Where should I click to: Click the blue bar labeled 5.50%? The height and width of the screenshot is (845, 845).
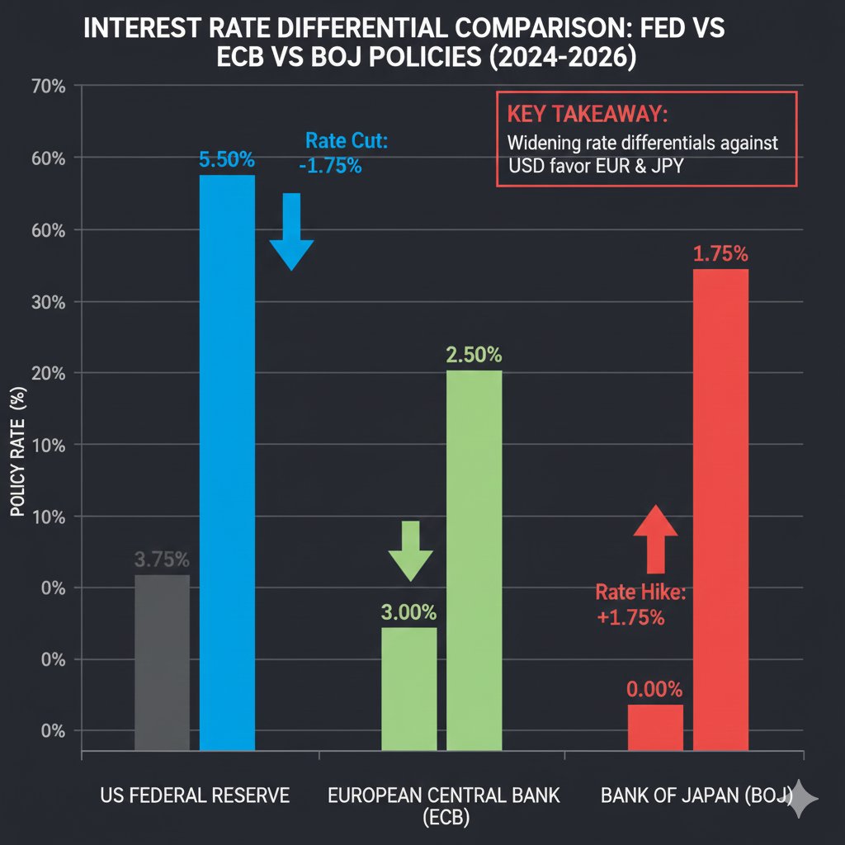coord(228,462)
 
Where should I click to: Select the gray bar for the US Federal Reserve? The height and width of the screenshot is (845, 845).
coord(162,663)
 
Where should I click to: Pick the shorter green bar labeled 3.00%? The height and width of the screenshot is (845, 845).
coord(408,688)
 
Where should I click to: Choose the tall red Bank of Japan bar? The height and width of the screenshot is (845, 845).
coord(720,509)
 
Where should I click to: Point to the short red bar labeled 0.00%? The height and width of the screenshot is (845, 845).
coord(655,727)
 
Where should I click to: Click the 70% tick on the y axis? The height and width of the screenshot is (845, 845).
coord(46,86)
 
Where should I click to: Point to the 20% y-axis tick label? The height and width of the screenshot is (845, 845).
coord(46,373)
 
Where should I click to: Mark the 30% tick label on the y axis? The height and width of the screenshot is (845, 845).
coord(46,301)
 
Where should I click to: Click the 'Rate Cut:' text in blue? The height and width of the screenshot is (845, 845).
coord(346,141)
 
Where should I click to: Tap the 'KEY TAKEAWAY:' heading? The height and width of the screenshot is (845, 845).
coord(576,114)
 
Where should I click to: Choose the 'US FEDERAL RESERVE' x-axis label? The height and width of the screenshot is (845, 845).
coord(195,795)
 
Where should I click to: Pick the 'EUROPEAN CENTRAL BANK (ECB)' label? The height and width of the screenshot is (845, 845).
coord(444,805)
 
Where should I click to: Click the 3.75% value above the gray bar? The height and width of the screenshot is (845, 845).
coord(162,559)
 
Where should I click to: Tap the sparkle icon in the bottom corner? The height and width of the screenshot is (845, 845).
coord(802,799)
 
